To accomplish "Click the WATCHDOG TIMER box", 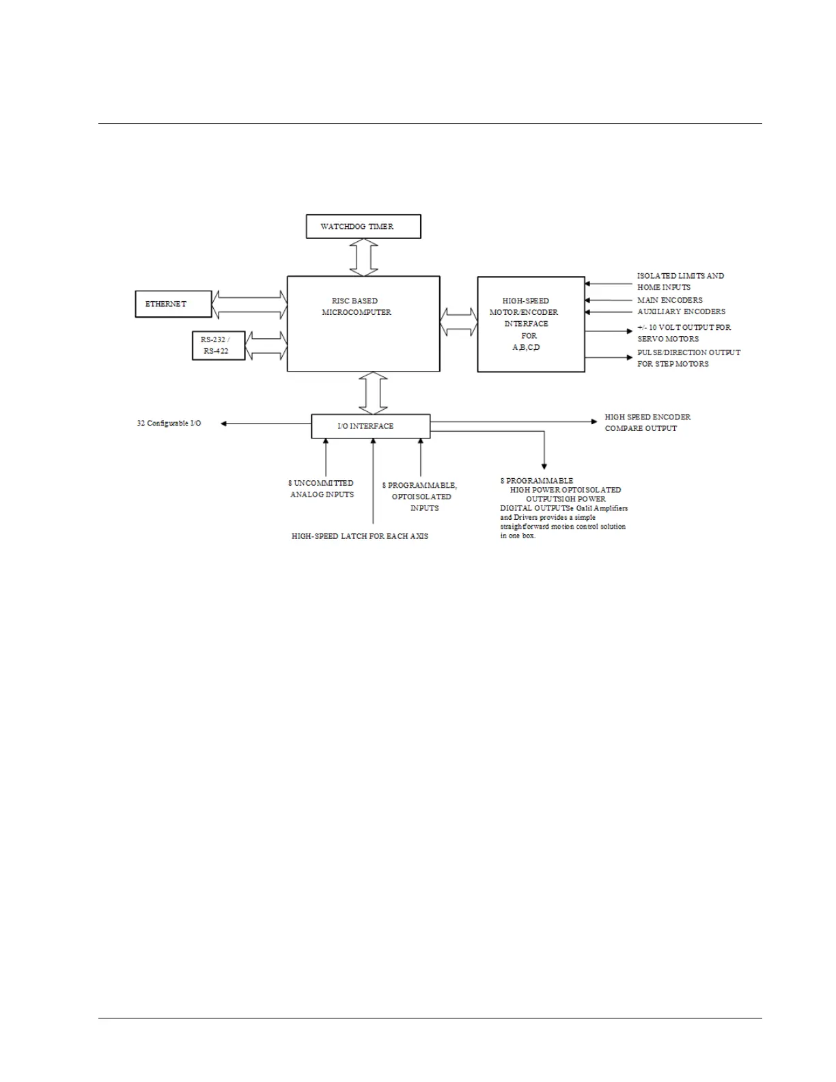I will click(363, 226).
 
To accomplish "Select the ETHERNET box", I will click(173, 304).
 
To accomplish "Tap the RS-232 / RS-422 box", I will click(218, 345).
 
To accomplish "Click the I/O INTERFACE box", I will click(370, 426).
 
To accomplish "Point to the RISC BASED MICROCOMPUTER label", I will click(357, 307).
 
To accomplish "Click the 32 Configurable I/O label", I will click(169, 424).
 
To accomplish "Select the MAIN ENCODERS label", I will click(669, 300).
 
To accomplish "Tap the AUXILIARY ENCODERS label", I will click(681, 311).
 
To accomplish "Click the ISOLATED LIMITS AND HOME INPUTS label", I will click(680, 281).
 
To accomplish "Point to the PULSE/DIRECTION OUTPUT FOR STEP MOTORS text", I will click(688, 358).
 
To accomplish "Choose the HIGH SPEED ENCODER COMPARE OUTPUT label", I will click(647, 422).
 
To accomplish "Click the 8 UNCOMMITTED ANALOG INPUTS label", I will click(321, 488).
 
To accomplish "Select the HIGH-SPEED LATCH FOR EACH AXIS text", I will click(360, 536).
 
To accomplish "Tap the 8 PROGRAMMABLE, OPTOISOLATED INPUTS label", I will click(420, 497).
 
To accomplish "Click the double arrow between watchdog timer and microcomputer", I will click(363, 257).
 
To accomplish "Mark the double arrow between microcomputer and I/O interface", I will click(373, 393).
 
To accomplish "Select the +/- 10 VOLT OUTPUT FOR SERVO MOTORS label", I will click(684, 333).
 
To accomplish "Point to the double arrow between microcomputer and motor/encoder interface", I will click(458, 322).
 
